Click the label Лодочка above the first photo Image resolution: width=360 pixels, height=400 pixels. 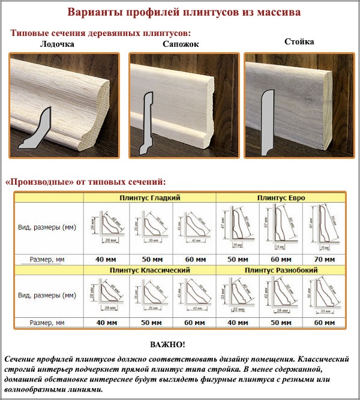[56, 44]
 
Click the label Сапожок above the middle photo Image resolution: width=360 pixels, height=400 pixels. [180, 44]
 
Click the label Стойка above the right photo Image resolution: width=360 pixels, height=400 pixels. [299, 42]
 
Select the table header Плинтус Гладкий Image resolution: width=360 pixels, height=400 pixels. [149, 197]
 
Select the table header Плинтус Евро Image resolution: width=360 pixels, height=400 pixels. [280, 197]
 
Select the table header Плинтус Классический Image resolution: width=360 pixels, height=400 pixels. [149, 270]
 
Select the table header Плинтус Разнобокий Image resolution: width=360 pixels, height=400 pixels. [280, 270]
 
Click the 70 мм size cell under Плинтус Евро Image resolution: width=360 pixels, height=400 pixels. [323, 259]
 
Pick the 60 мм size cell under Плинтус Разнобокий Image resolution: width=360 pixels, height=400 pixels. [323, 323]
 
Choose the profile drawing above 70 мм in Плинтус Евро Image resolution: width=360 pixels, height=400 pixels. [323, 228]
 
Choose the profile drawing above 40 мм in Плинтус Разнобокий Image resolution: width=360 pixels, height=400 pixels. [236, 296]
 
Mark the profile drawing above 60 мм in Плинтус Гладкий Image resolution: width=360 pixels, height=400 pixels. [193, 228]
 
